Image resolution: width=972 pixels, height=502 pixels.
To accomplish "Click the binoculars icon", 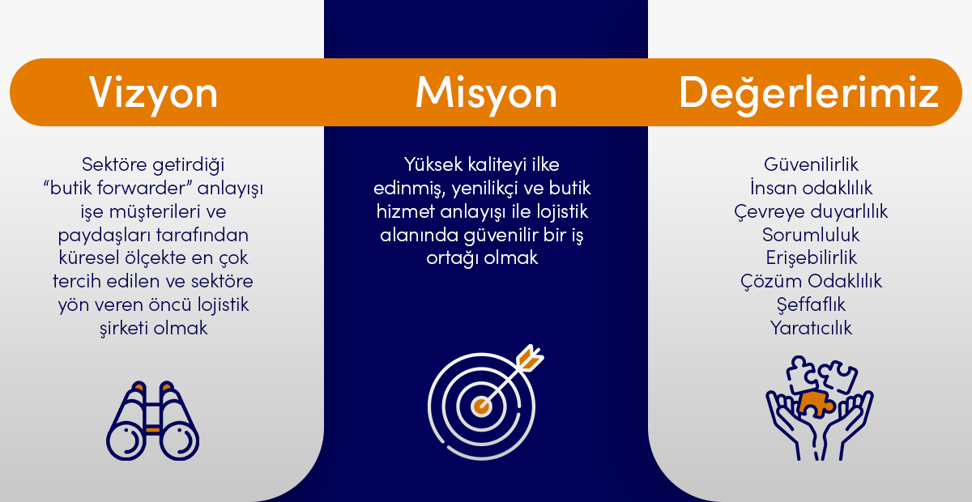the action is pos(153,420).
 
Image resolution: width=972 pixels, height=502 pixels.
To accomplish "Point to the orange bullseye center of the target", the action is pos(481,406).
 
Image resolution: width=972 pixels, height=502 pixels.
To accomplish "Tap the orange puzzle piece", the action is pos(816,404).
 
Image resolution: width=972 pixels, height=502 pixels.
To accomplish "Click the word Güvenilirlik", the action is pos(811,165).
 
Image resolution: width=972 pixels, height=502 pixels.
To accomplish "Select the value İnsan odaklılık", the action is pos(811,188).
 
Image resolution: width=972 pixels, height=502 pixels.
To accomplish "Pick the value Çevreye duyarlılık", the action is pos(811,212).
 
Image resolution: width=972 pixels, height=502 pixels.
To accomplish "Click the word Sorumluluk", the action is pos(811,235).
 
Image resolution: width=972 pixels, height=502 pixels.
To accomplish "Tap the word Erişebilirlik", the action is pos(811,258).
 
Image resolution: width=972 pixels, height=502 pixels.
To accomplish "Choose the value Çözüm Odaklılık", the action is pos(811,282).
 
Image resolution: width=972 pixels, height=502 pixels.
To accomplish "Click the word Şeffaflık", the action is pos(811,305).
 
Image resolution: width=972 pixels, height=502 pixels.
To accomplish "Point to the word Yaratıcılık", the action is pos(811,328).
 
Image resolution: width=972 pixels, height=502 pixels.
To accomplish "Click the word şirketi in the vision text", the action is pos(124,329).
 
